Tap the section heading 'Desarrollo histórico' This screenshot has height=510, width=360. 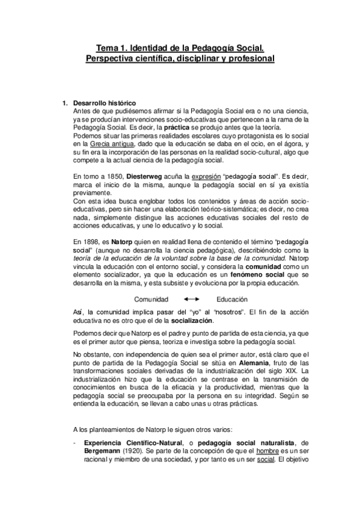[103, 103]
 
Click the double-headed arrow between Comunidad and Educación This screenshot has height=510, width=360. [192, 299]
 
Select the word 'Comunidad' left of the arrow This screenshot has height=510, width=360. [151, 299]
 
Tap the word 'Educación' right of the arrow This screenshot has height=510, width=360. [232, 299]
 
